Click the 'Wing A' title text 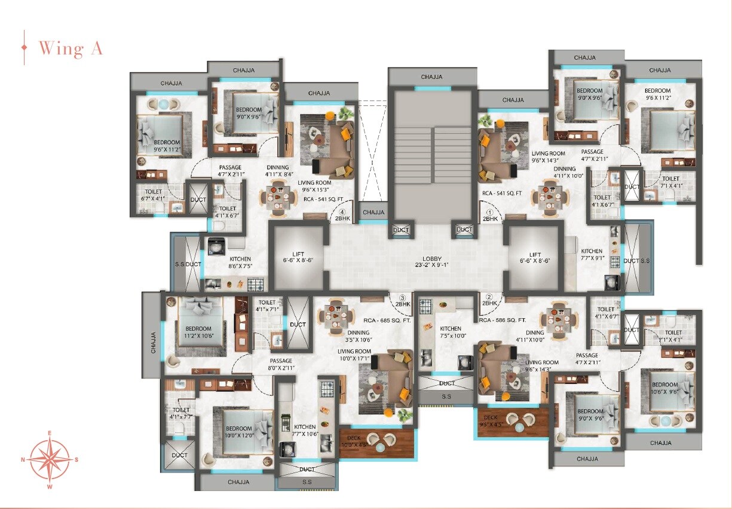(71, 48)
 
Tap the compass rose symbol (50, 459)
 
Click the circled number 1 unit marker (489, 212)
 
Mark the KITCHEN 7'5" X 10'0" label (451, 332)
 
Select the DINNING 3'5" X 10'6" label (358, 336)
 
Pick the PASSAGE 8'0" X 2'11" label (280, 364)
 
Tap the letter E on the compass (50, 432)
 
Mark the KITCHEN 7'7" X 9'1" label (592, 255)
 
